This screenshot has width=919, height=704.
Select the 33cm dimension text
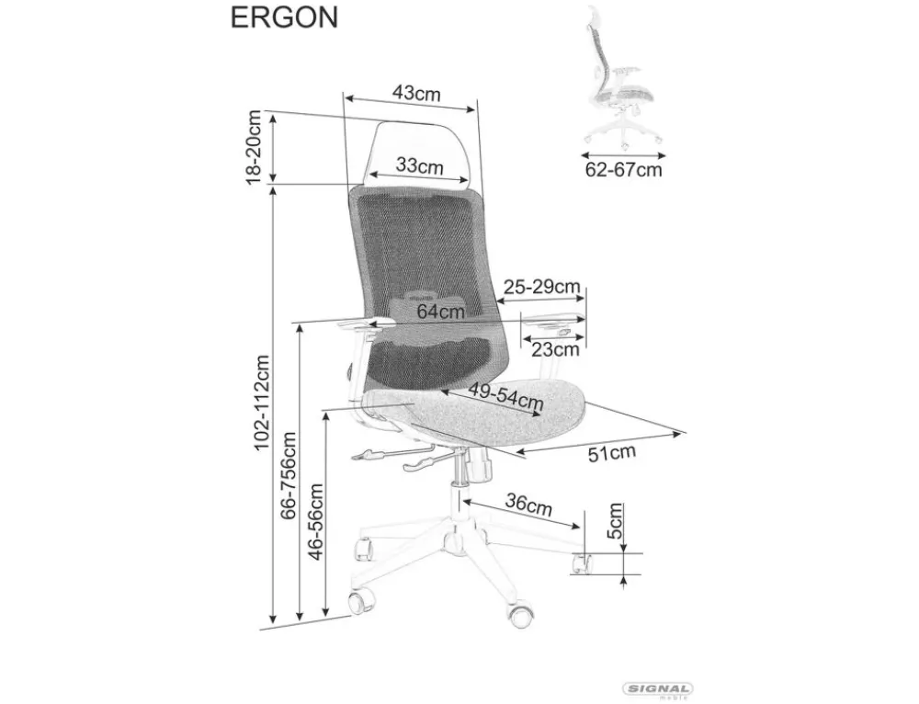pyautogui.click(x=419, y=166)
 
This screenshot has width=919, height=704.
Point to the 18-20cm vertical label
pyautogui.click(x=255, y=146)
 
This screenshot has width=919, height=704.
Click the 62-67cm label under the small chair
pyautogui.click(x=623, y=169)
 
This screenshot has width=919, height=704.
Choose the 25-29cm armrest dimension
pyautogui.click(x=541, y=286)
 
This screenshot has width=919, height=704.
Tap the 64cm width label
pyautogui.click(x=440, y=312)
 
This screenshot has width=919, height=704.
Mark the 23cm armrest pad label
pyautogui.click(x=555, y=349)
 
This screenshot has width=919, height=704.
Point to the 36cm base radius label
pyautogui.click(x=528, y=505)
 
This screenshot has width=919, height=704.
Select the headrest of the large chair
pyautogui.click(x=419, y=152)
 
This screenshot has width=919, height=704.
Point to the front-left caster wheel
pyautogui.click(x=360, y=603)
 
